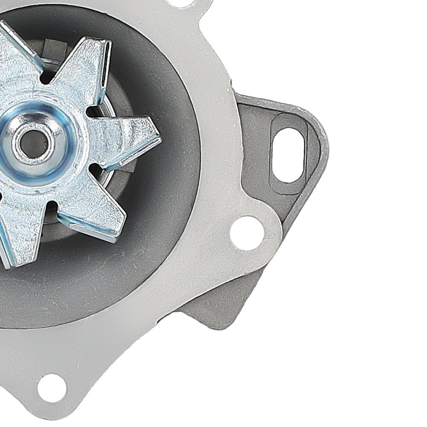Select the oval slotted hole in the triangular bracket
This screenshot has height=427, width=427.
pos(289,155)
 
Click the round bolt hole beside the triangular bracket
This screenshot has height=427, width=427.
pos(247,233)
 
